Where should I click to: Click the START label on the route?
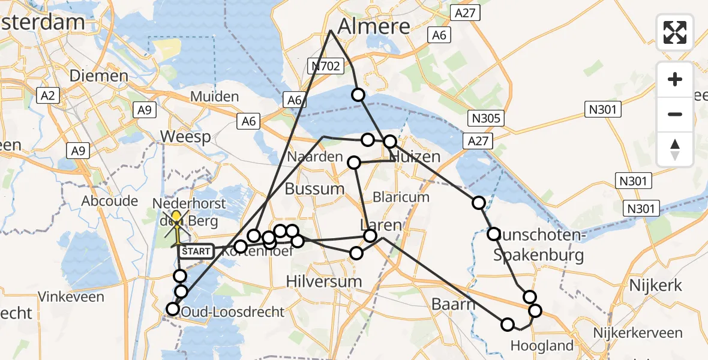pyautogui.click(x=196, y=251)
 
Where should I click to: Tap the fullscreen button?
pyautogui.click(x=675, y=32)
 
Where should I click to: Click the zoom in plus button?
pyautogui.click(x=675, y=80)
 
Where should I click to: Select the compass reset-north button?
pyautogui.click(x=675, y=149)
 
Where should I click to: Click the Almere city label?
pyautogui.click(x=374, y=26)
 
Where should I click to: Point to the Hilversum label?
pyautogui.click(x=324, y=281)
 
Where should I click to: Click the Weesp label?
pyautogui.click(x=185, y=137)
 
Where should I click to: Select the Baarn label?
pyautogui.click(x=453, y=304)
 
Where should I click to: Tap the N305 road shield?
pyautogui.click(x=486, y=118)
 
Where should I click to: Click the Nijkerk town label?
pyautogui.click(x=655, y=285)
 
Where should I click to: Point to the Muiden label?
pyautogui.click(x=214, y=96)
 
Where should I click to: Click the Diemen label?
pyautogui.click(x=99, y=76)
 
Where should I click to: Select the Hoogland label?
pyautogui.click(x=541, y=345)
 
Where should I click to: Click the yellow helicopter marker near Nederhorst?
pyautogui.click(x=176, y=226)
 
